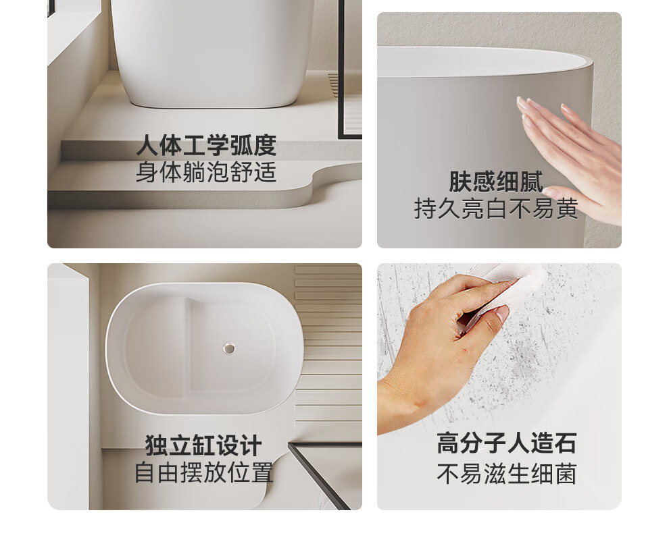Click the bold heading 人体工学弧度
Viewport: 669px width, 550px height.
click(x=206, y=146)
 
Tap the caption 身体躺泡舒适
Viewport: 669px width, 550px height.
click(x=206, y=171)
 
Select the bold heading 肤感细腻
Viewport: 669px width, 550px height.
click(x=496, y=182)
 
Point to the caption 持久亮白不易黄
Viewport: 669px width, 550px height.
click(x=496, y=209)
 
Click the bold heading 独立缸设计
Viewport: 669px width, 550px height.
click(x=203, y=445)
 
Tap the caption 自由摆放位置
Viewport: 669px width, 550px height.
click(x=204, y=472)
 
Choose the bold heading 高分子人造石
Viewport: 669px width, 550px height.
click(x=507, y=443)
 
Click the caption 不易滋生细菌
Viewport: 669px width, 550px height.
click(x=507, y=473)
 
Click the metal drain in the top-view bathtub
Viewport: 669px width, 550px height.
click(x=229, y=348)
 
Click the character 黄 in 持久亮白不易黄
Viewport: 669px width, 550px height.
click(x=567, y=209)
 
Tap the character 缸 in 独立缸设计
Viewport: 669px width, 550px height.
click(x=203, y=445)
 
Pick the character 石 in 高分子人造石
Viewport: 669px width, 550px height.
click(x=566, y=443)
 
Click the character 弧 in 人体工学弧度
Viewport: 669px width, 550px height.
click(x=241, y=146)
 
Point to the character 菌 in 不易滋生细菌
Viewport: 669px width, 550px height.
click(x=566, y=473)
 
